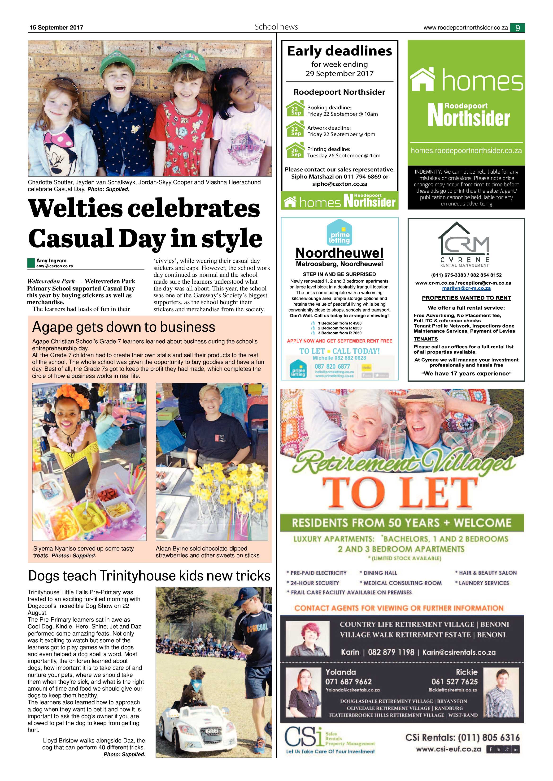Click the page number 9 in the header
click(517, 28)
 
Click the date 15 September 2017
click(56, 28)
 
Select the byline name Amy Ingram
click(51, 260)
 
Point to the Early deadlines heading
click(340, 51)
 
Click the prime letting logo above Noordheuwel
click(339, 233)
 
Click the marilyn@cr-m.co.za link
click(466, 288)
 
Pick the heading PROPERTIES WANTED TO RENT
click(466, 298)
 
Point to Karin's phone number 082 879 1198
click(391, 652)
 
